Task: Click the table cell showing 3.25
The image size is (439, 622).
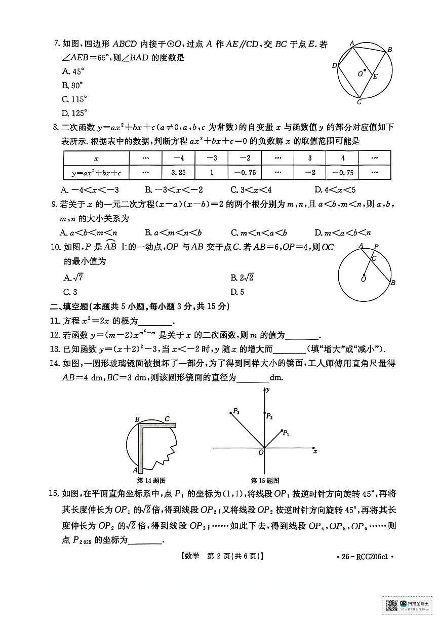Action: click(x=178, y=173)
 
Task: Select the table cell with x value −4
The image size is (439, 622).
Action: click(x=178, y=158)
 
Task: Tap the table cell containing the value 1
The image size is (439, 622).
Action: click(x=211, y=173)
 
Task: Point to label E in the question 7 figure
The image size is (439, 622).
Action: click(x=375, y=77)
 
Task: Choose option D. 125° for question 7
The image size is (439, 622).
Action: click(x=74, y=112)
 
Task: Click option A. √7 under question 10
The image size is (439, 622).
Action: click(x=74, y=277)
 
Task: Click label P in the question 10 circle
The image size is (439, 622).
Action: click(x=376, y=247)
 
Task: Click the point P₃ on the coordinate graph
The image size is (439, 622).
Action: click(x=234, y=412)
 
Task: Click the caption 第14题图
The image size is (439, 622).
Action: click(x=151, y=480)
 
